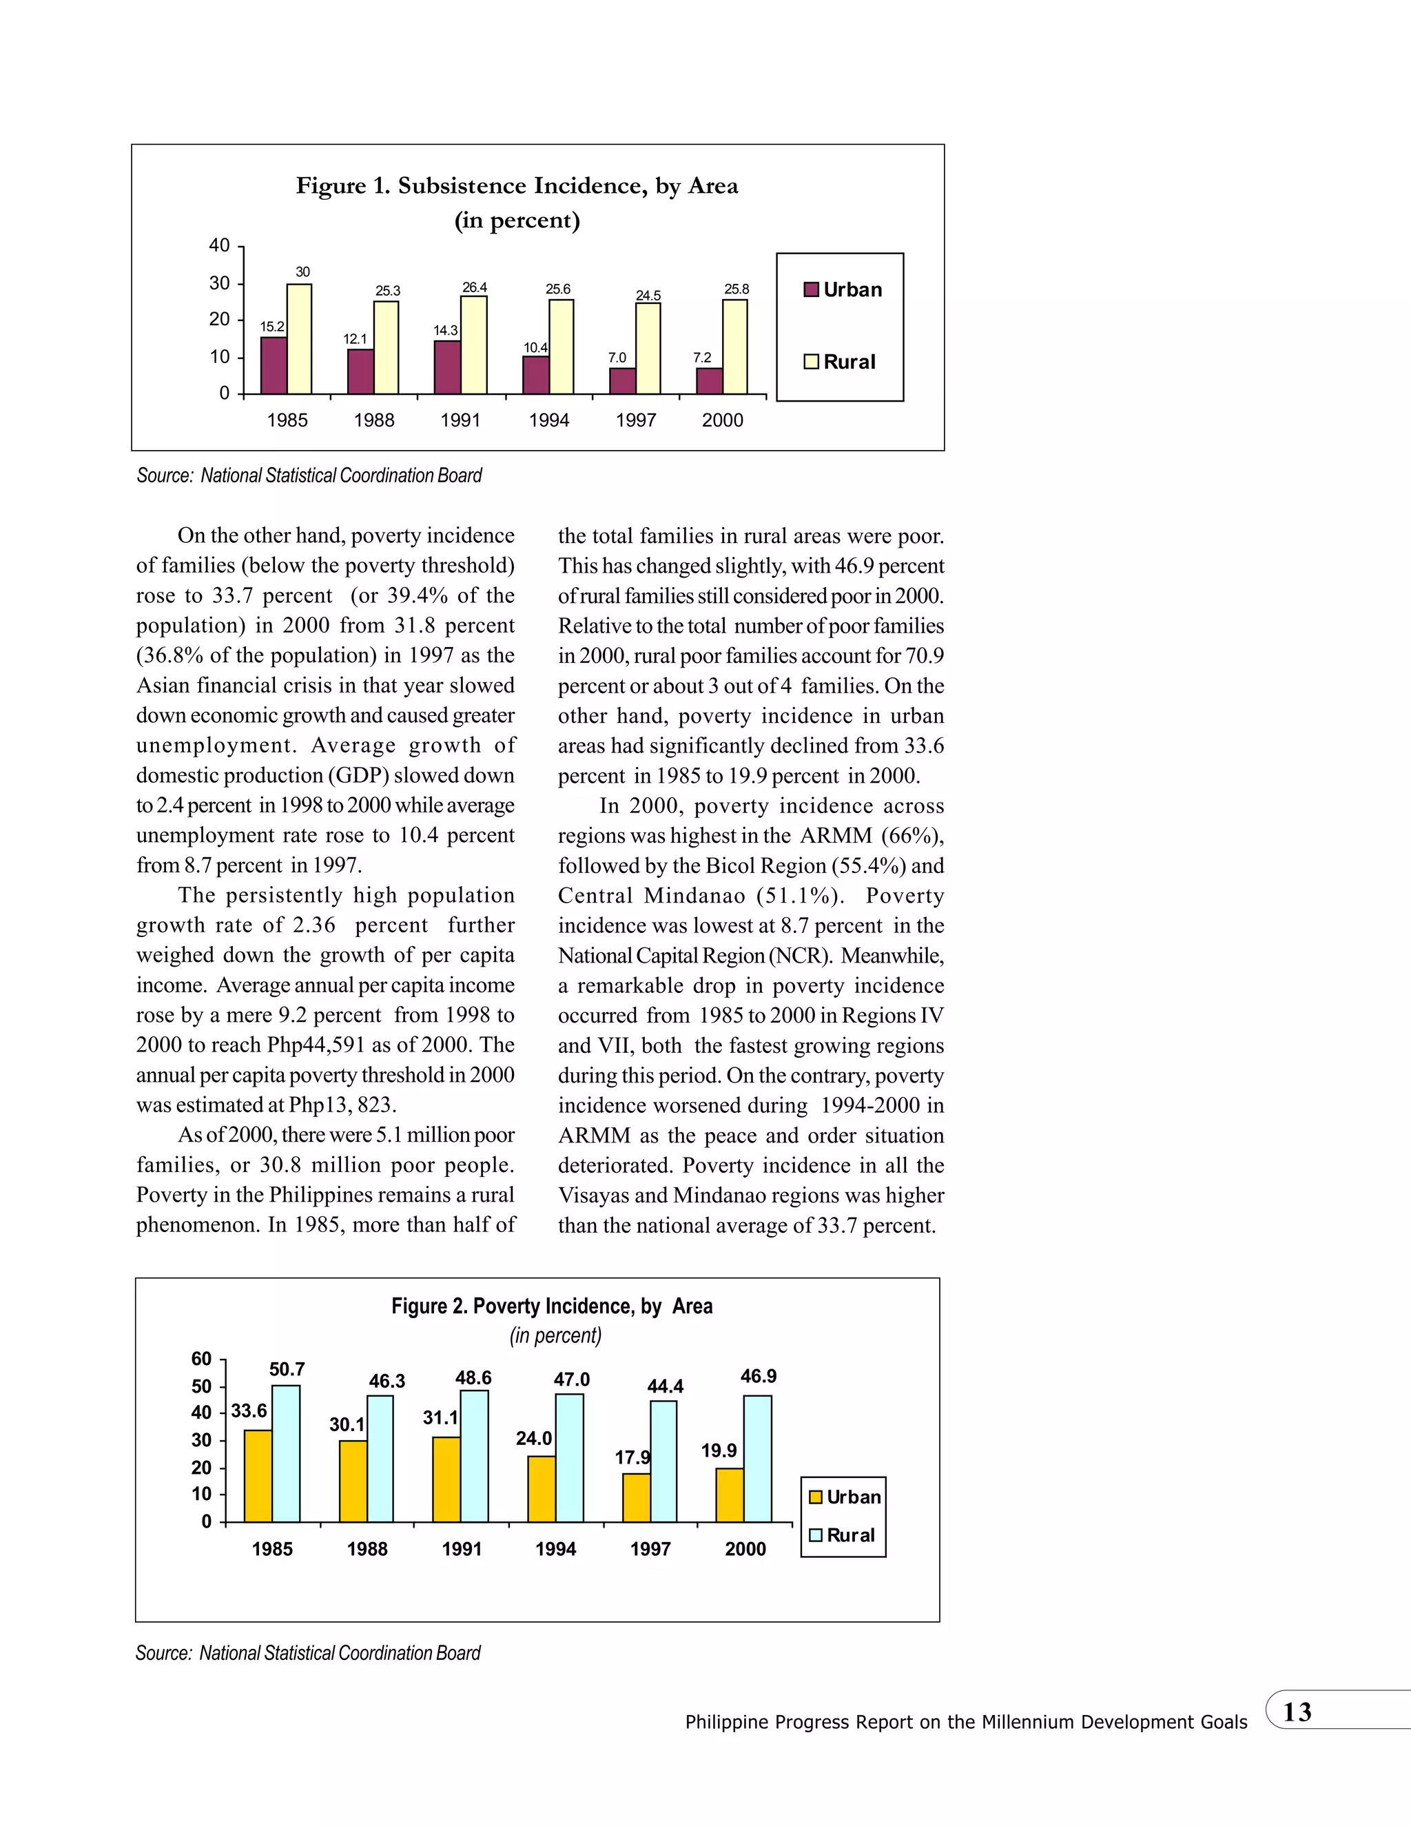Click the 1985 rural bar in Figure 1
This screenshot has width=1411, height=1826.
299,338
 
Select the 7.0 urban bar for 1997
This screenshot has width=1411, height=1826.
623,381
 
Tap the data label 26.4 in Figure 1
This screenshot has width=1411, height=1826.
475,287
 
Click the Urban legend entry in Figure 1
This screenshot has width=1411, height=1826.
843,290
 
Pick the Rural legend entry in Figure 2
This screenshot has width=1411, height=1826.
842,1535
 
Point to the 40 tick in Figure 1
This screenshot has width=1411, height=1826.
219,246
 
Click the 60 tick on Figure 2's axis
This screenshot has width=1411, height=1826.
201,1359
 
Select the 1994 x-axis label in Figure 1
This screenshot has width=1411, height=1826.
548,420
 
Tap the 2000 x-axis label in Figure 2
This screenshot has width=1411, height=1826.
745,1549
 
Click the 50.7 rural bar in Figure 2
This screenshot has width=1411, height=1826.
286,1454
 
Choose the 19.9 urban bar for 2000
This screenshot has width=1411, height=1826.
730,1495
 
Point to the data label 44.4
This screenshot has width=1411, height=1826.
666,1386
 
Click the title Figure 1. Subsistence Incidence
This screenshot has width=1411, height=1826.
517,185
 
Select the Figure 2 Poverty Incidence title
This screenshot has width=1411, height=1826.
552,1306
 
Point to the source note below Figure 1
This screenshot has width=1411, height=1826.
309,475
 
